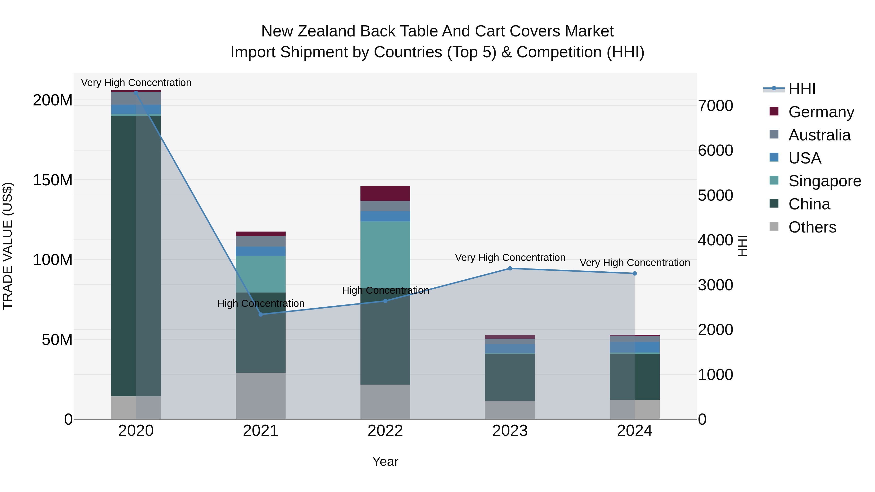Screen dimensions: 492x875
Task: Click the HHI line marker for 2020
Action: pos(136,93)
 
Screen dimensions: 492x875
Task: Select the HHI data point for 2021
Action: pos(261,314)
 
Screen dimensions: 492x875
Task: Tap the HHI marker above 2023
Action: pos(510,268)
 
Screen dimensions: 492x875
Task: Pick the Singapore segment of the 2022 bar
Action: pos(385,254)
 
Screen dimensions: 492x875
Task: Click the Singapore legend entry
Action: pos(824,181)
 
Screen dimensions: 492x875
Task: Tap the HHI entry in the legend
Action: pos(802,89)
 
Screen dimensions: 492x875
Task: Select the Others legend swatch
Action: pos(774,226)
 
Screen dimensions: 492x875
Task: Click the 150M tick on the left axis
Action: pos(53,180)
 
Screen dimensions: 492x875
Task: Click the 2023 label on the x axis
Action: pos(510,431)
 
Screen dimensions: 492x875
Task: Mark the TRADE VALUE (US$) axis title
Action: pos(8,246)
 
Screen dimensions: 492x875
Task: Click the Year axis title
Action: pos(385,461)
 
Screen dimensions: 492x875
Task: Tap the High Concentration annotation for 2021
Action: pos(261,303)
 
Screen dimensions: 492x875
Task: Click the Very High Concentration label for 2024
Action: pos(635,262)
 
